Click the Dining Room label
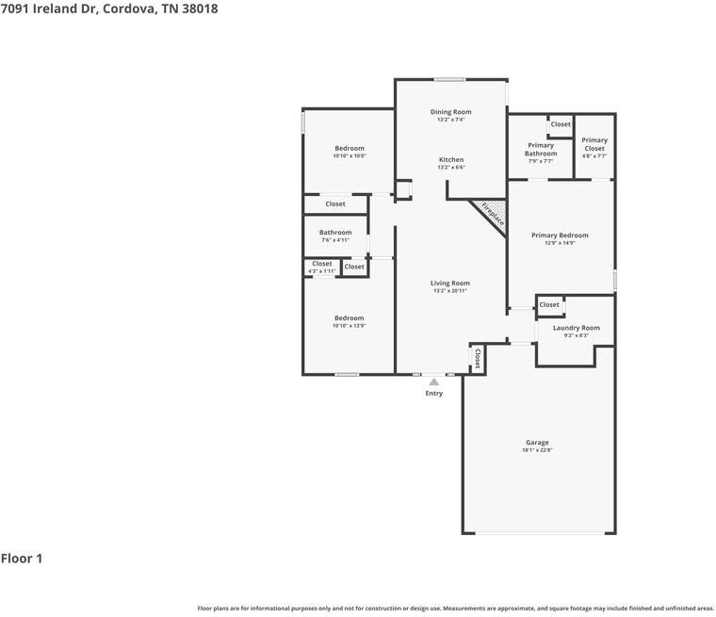[450, 112]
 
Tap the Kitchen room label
[450, 160]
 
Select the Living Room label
[450, 283]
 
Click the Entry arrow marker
[433, 382]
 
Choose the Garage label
[537, 443]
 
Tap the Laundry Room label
[576, 328]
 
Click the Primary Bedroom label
[560, 235]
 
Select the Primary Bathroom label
[541, 149]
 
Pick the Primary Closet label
[594, 144]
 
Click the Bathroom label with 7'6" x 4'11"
[334, 233]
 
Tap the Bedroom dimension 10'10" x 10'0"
[349, 156]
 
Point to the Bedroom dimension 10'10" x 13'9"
[349, 326]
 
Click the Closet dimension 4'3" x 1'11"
[321, 272]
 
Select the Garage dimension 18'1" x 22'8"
[537, 451]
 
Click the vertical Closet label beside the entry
[478, 358]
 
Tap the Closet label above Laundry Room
[549, 304]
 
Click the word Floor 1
[22, 559]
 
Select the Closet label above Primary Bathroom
[561, 124]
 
